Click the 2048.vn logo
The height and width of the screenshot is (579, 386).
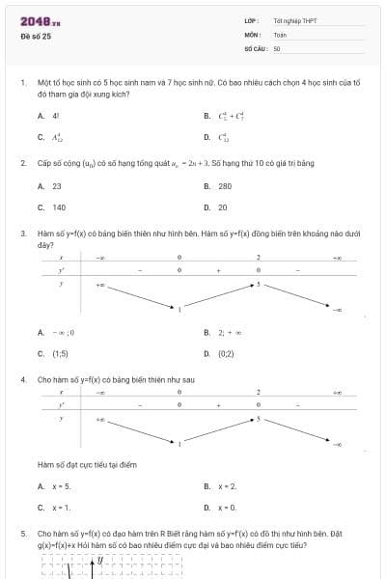point(41,20)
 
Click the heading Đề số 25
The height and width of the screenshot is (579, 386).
point(36,36)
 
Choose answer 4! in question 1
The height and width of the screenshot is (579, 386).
point(56,115)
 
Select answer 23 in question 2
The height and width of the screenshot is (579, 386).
point(57,185)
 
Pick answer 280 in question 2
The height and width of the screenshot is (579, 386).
point(224,185)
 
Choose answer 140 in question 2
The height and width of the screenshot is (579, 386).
point(59,207)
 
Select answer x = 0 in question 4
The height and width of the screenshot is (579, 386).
point(227,507)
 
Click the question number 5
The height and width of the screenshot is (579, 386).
point(22,533)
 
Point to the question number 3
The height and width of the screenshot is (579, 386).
point(22,234)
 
